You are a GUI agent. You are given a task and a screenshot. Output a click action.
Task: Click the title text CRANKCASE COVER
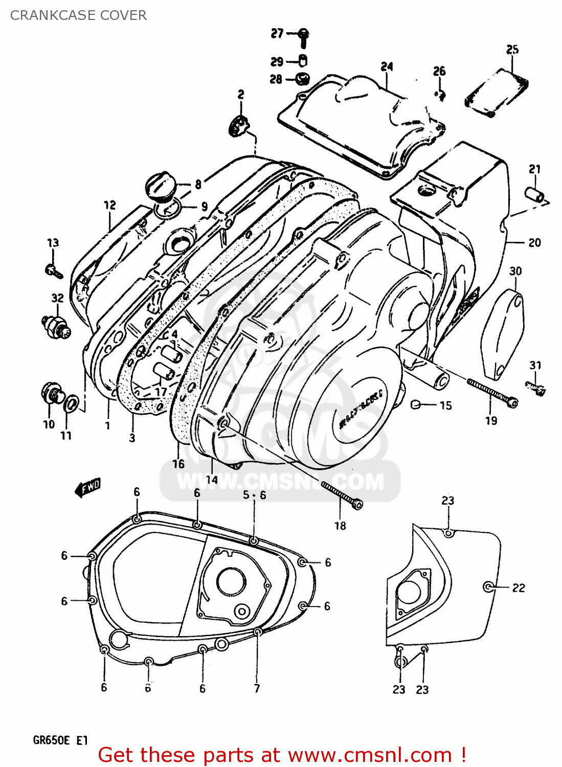[x=78, y=15]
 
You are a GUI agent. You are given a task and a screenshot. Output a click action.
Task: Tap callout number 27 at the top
[x=277, y=34]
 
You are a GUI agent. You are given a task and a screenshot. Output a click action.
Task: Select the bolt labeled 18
[x=342, y=494]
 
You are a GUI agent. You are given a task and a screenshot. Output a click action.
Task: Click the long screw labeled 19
[x=491, y=391]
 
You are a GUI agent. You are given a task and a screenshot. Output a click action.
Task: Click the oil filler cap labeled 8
[x=161, y=185]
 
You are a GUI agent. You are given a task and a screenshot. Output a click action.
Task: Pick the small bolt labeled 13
[x=54, y=270]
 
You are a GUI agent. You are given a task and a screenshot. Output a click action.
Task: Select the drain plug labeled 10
[x=51, y=395]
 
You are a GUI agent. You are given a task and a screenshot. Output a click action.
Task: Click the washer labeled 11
[x=72, y=402]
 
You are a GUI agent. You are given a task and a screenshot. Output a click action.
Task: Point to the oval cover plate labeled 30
[x=503, y=334]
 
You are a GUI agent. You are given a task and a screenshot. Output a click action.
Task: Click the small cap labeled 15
[x=416, y=405]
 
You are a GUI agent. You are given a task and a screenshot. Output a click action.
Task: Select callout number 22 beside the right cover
[x=519, y=588]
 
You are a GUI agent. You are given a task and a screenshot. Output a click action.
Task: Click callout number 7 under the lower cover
[x=257, y=688]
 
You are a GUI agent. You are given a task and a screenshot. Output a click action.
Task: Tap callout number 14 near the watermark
[x=212, y=479]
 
